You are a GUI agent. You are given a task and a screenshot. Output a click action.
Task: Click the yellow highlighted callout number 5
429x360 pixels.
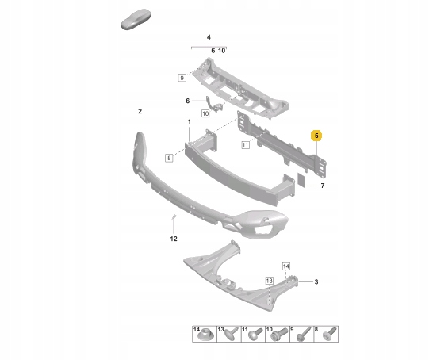click(316, 136)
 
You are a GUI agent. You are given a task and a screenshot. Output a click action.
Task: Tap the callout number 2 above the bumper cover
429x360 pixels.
click(140, 111)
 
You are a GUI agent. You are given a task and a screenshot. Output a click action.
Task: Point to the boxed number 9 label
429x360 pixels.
click(182, 78)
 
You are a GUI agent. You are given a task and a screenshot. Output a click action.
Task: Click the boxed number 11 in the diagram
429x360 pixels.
click(245, 145)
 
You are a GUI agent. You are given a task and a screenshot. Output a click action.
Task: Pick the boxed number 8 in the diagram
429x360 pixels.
click(169, 158)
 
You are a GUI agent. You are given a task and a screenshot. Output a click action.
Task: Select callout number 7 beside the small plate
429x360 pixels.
click(323, 186)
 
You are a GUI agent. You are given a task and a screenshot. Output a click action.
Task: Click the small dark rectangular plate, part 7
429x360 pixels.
click(301, 179)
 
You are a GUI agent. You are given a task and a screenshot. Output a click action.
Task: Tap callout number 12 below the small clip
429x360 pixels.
click(174, 239)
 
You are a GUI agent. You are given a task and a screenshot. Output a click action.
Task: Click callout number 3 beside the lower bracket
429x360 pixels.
click(316, 281)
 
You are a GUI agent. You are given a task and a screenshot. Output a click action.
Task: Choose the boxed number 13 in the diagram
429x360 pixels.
click(270, 281)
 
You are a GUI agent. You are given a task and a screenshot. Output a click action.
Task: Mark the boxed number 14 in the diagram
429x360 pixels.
click(286, 266)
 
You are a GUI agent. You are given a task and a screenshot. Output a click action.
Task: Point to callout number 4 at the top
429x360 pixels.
click(209, 37)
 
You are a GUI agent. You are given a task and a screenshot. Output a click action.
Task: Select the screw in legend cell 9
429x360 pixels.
click(303, 335)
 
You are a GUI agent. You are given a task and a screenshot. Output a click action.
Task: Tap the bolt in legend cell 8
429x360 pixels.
click(329, 335)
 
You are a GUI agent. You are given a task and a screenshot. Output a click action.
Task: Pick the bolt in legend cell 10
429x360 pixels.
click(279, 335)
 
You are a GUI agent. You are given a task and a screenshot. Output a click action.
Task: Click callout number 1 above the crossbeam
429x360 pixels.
click(189, 122)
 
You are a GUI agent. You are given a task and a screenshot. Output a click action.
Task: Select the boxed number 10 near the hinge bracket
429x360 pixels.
click(205, 113)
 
